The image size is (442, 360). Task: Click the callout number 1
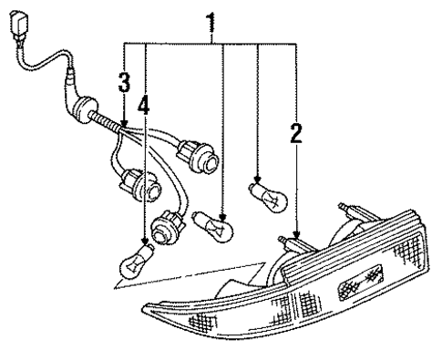coord(211,19)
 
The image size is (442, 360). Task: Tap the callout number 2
coord(295,135)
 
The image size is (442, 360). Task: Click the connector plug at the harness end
coord(18,25)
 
